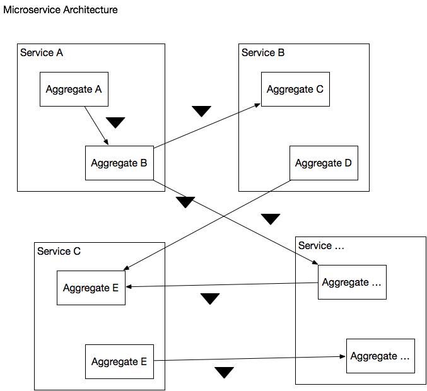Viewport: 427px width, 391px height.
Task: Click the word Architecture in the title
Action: coord(90,10)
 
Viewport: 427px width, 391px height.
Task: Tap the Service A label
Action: coord(42,52)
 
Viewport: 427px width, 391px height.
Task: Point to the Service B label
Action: coord(263,52)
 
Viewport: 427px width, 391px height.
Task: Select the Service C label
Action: coord(59,251)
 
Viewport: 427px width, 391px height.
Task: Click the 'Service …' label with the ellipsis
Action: coord(321,245)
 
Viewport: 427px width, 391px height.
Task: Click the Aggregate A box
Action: coord(74,90)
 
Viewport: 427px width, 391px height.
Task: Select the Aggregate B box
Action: coord(120,163)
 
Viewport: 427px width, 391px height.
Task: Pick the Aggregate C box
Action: coord(295,90)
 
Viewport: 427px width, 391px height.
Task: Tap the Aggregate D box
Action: coord(324,163)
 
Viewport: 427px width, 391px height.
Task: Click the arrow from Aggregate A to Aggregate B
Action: coord(97,125)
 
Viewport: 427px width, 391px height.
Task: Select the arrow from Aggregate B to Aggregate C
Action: coord(207,125)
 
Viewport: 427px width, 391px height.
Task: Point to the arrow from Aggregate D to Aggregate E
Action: coord(207,225)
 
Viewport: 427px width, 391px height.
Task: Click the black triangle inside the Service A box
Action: coord(115,122)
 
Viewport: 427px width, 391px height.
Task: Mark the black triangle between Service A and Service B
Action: coord(202,112)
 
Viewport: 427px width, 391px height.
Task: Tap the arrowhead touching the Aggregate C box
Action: coord(257,105)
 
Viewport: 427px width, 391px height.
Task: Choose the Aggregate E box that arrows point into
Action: coord(91,288)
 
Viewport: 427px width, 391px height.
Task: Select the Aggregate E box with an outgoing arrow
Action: coord(120,361)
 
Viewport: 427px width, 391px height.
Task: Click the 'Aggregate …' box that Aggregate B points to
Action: coord(352,282)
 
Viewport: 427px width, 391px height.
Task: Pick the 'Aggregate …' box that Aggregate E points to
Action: coord(380,356)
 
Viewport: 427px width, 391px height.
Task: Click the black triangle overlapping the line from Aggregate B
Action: coord(185,202)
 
